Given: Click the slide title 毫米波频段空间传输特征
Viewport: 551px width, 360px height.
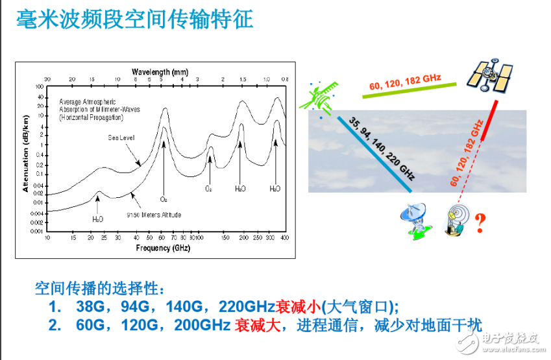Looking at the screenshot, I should (x=134, y=19).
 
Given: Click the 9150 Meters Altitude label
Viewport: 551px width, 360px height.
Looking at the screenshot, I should (x=153, y=214).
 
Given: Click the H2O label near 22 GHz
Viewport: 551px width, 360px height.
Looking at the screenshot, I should (x=98, y=219).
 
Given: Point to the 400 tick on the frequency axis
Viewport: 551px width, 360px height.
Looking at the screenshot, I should (x=284, y=238).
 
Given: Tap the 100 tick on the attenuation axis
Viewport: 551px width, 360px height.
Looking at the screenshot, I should (x=40, y=86).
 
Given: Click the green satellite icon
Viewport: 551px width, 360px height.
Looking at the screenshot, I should (x=323, y=97).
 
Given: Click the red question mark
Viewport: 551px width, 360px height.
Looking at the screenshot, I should (x=480, y=224).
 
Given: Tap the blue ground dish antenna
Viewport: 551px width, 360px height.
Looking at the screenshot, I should (x=416, y=221).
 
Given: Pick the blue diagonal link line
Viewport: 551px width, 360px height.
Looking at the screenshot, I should (x=374, y=154).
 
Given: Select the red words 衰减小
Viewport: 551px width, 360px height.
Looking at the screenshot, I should (x=298, y=306).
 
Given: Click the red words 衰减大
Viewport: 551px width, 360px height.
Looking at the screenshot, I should (x=258, y=325).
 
